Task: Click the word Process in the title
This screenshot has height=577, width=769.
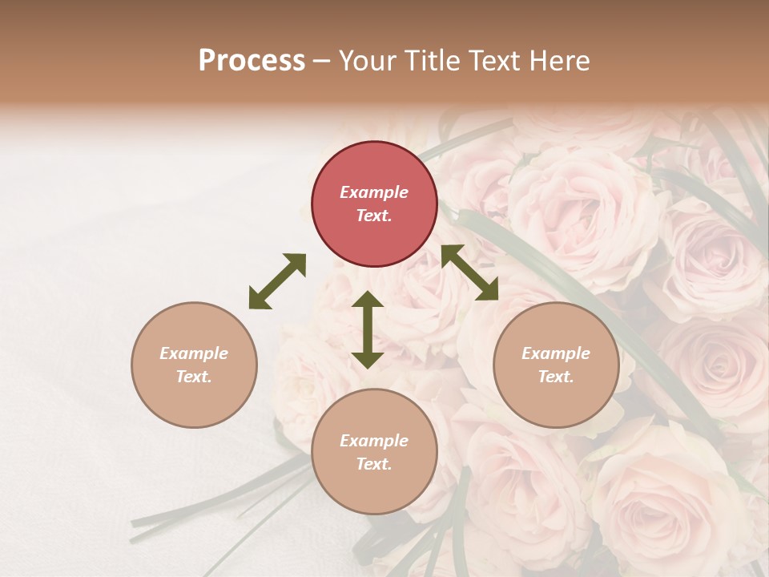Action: [252, 61]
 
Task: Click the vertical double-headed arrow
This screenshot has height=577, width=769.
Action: [368, 329]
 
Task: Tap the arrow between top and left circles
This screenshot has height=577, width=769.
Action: [277, 281]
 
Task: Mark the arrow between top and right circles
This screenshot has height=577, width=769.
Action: [469, 272]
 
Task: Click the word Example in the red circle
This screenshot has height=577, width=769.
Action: [374, 192]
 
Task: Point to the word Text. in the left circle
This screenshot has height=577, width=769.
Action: [194, 377]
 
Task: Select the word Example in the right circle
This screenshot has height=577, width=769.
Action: [556, 353]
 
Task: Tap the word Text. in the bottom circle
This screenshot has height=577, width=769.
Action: [374, 464]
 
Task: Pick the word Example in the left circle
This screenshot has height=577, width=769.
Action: [194, 353]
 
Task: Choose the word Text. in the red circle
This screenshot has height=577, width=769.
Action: [374, 216]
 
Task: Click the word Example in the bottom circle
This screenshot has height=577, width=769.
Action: [374, 441]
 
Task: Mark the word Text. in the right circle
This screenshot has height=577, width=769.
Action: [556, 377]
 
